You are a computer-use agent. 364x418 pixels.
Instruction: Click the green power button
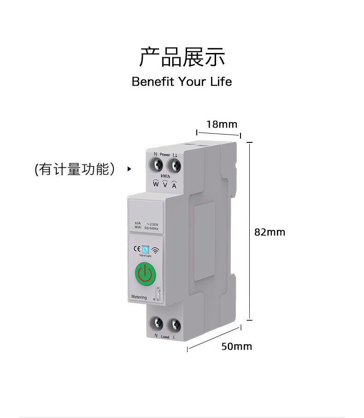point(145,274)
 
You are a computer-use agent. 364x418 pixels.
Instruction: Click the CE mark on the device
point(136,249)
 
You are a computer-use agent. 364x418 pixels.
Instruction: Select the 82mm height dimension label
point(270,232)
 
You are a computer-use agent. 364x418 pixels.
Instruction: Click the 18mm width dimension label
point(222,124)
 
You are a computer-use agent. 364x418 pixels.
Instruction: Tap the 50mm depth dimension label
point(236,346)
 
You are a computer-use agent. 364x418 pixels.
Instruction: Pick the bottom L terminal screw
point(174,325)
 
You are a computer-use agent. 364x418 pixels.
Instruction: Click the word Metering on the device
point(138,297)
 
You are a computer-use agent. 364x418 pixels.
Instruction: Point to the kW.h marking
point(165,177)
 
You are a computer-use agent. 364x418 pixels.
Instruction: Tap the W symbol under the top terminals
point(156,184)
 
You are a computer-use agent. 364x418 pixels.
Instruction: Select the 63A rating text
point(138,223)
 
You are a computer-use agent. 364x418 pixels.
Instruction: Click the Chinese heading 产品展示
point(182,57)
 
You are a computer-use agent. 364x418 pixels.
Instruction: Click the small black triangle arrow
point(129,169)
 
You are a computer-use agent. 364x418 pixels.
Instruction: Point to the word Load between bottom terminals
point(165,337)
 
